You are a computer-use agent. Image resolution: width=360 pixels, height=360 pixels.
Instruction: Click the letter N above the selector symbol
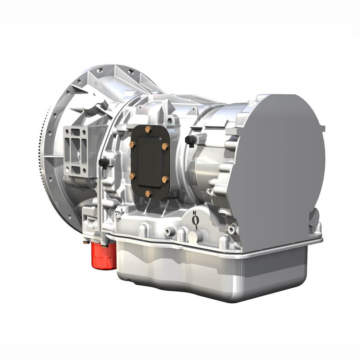coord(194,213)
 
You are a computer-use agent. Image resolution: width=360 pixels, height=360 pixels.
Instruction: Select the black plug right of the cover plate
coord(189,139)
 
